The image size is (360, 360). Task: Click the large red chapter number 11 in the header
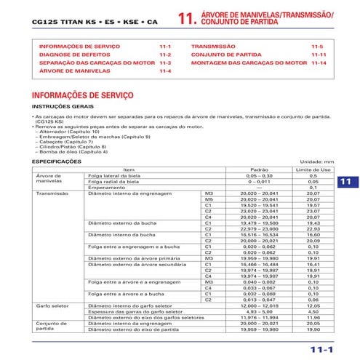click(186, 20)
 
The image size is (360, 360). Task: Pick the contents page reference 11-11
click(318, 55)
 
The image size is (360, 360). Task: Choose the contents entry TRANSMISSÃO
click(213, 46)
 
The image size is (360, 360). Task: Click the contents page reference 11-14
click(318, 63)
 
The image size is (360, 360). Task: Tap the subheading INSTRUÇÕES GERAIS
click(60, 106)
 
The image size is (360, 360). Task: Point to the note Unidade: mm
click(317, 161)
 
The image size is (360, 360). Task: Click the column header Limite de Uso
click(313, 169)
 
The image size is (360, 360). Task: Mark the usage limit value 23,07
click(313, 211)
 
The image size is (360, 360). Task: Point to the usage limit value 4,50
click(313, 312)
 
